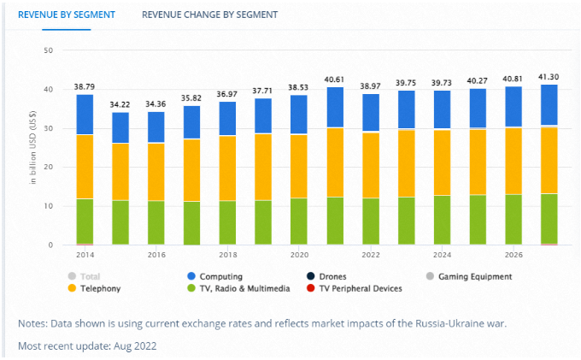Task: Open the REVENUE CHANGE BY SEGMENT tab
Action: [x=209, y=15]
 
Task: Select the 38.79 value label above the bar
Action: [x=84, y=87]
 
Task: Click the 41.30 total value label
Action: [x=550, y=77]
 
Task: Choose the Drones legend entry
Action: [x=338, y=276]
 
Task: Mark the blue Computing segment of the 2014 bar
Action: [x=84, y=115]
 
